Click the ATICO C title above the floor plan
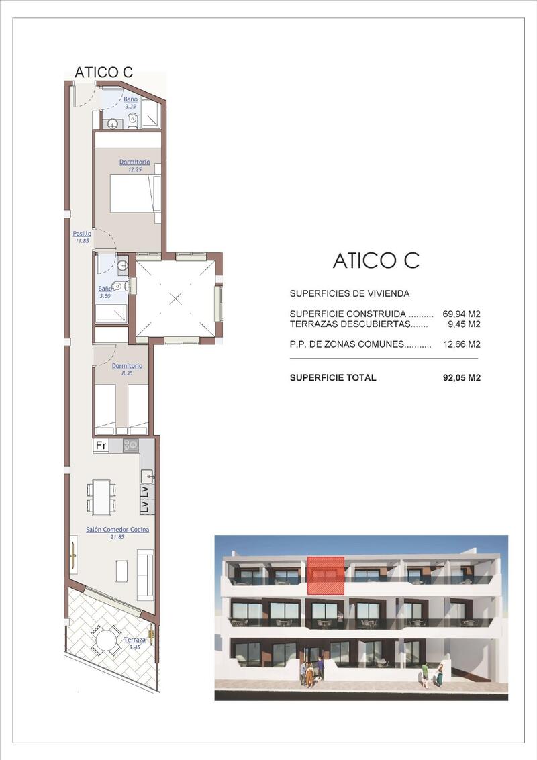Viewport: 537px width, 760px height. [x=103, y=73]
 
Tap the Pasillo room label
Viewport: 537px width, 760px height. [x=82, y=234]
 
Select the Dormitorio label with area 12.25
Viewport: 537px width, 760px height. [x=135, y=162]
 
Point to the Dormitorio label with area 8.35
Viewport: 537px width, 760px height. [x=127, y=366]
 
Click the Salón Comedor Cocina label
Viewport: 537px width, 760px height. [x=117, y=530]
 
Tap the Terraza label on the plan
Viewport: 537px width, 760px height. [x=134, y=640]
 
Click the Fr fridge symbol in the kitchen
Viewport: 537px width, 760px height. [x=101, y=445]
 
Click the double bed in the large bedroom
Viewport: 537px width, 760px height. [x=135, y=193]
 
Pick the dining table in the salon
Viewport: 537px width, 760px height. [x=102, y=497]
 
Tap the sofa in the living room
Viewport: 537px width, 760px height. [x=146, y=574]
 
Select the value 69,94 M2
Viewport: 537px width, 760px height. [x=461, y=314]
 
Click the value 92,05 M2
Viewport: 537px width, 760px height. [x=462, y=377]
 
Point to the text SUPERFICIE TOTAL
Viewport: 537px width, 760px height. [x=333, y=377]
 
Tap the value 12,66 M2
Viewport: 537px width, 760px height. [x=462, y=344]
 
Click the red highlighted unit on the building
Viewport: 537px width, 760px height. [x=326, y=575]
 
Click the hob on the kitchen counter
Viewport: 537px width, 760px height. [x=130, y=444]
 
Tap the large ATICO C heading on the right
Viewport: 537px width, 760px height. [x=376, y=260]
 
